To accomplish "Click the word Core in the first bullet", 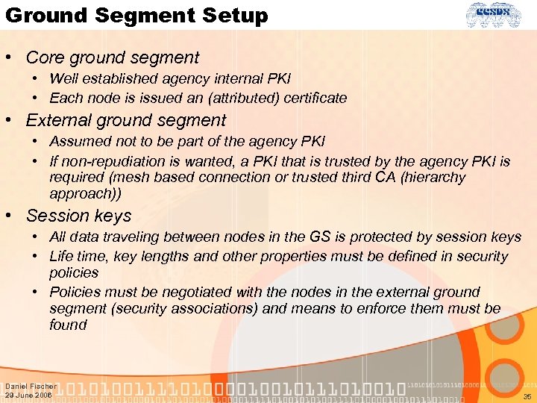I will click(46, 57).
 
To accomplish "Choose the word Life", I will click(63, 256).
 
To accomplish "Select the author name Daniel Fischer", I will click(31, 386).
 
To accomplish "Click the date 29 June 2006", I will click(28, 395).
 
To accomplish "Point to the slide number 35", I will click(527, 396).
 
